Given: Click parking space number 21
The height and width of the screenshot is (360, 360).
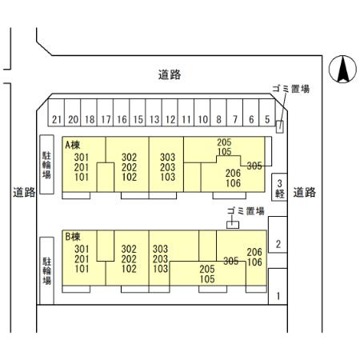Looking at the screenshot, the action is pos(56,112).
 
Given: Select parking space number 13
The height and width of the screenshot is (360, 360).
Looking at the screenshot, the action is pos(154,112).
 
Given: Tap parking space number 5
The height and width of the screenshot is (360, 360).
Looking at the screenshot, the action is pos(267,112).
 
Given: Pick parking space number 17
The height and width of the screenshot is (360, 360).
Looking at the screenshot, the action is pos(105,112).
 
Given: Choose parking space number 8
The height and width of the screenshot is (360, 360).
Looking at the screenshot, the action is pos(218,112).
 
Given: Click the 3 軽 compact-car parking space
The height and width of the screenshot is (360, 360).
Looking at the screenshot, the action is pos(279,187).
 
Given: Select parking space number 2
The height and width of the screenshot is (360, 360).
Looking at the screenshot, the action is pos(278,234).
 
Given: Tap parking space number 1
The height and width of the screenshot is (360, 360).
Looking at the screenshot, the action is pos(278,286).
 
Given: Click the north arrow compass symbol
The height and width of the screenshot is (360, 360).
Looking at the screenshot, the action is pos(342,70).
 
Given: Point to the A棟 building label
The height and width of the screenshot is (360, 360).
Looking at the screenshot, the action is pos(73,145).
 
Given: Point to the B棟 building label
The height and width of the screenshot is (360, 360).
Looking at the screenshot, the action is pos(73,237).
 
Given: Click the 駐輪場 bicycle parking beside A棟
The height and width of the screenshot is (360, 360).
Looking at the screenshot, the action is pos(47,164).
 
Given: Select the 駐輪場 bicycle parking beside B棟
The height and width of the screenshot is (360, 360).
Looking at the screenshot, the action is pos(47,270).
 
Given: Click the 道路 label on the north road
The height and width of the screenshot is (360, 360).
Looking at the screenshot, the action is pos(170,74).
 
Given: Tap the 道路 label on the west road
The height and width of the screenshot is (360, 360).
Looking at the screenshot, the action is pos(24,192).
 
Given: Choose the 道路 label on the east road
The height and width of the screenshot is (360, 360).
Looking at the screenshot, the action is pos(305,192).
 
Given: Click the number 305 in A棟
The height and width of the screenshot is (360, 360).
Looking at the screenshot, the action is pos(254,166).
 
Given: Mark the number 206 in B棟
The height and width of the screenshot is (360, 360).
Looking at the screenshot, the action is pos(254,252).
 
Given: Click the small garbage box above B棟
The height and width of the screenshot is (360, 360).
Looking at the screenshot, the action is pos(233,225).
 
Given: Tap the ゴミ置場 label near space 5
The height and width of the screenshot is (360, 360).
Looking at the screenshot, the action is pos(291,89).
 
